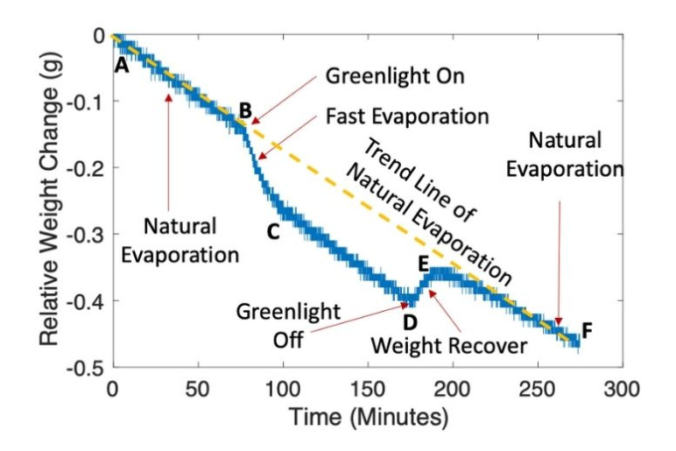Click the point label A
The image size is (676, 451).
(x=122, y=64)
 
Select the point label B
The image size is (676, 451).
(x=245, y=110)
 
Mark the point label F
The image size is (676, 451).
(x=587, y=330)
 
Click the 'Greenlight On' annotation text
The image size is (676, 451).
(x=394, y=76)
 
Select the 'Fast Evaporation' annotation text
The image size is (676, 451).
(x=406, y=116)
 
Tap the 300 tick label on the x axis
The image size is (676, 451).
(x=621, y=386)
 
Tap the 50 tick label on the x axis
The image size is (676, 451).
(x=198, y=386)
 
